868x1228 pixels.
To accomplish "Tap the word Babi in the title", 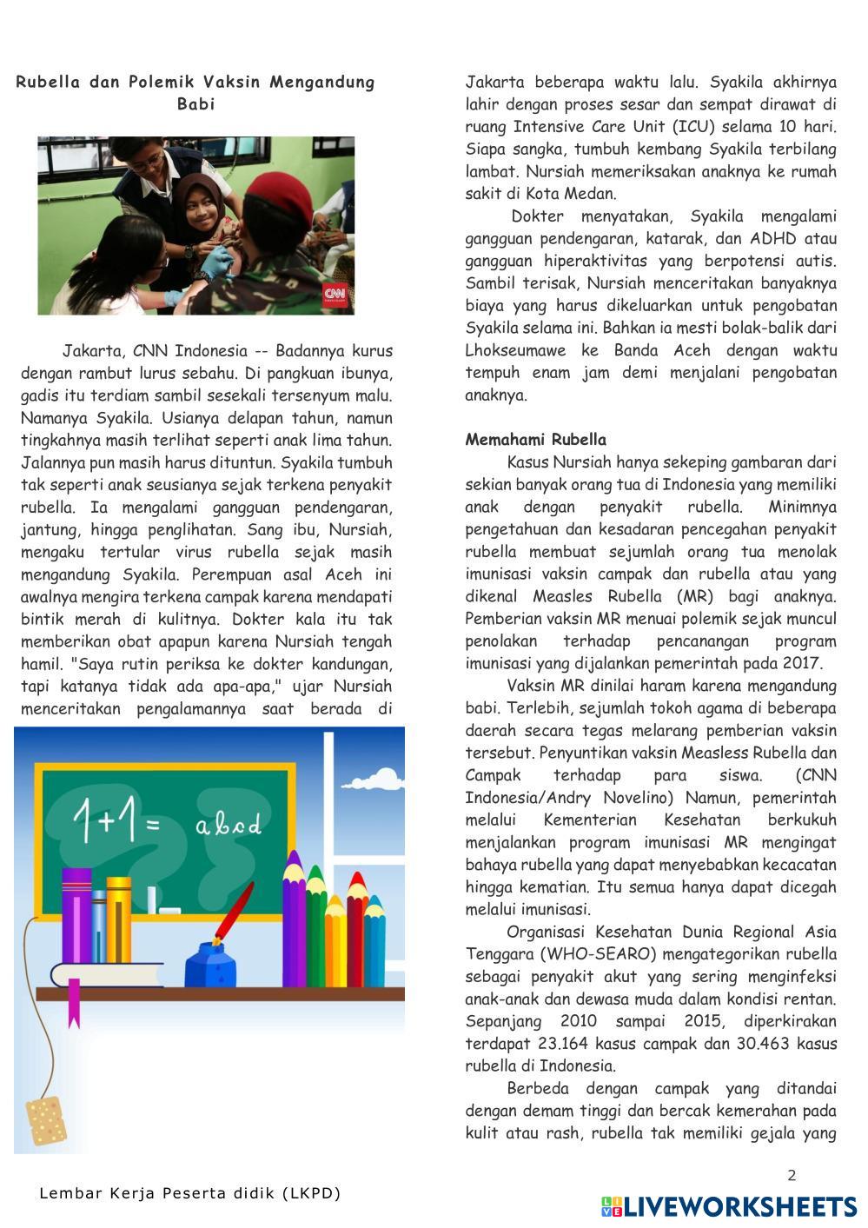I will point(195,104).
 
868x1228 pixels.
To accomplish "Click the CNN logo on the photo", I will point(335,294).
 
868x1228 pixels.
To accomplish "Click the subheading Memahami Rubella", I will point(535,440).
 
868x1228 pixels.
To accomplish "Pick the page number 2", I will point(792,1176).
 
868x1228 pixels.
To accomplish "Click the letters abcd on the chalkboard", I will point(228,824).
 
